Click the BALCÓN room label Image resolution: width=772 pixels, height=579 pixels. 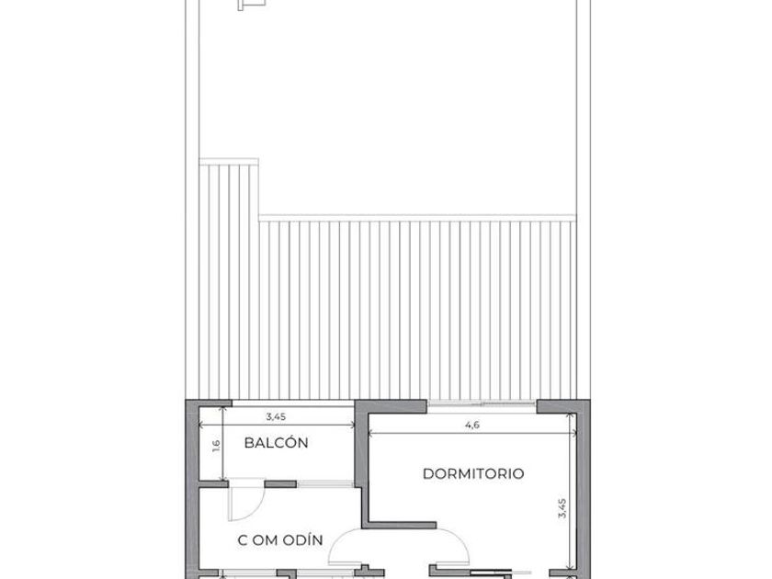[x=276, y=442]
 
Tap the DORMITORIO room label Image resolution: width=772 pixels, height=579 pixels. [x=473, y=473]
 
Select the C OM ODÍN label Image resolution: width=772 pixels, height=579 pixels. [x=280, y=540]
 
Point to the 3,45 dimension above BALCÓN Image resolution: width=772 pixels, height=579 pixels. [x=276, y=416]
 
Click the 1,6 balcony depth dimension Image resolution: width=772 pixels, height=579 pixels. [x=216, y=446]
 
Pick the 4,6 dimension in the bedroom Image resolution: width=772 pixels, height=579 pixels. [x=472, y=425]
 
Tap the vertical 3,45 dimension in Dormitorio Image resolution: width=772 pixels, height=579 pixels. [x=562, y=508]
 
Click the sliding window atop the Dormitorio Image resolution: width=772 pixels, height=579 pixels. [x=481, y=404]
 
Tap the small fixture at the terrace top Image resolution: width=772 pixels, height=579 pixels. [x=252, y=5]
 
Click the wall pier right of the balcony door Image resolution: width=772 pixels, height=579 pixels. [x=280, y=484]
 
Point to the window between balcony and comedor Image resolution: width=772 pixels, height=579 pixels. [x=325, y=484]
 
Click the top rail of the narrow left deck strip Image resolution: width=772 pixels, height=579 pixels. [x=229, y=162]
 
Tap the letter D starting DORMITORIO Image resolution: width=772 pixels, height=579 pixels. [x=427, y=473]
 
